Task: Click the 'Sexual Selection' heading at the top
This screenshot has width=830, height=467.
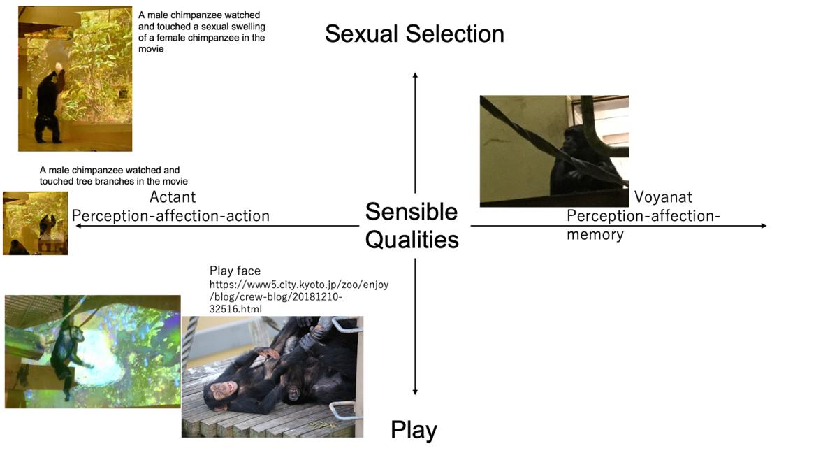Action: coord(414,34)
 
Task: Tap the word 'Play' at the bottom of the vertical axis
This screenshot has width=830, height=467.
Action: coord(414,430)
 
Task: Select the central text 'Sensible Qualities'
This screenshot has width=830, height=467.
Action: coord(412,225)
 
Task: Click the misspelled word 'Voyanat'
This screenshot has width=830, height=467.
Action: coord(663,197)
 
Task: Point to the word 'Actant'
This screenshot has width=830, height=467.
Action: coord(173,197)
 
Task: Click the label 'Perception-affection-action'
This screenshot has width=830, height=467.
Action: coord(170,216)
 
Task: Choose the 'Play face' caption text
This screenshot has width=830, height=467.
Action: coord(235,271)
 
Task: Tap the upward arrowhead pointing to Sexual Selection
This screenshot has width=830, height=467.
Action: coord(415,75)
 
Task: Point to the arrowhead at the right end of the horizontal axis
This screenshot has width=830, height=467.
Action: coord(763,226)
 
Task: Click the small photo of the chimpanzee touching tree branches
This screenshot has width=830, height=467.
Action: coord(35,223)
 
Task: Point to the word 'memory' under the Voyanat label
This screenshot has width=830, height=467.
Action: coord(595,234)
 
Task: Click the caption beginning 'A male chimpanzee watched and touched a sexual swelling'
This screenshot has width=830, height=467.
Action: coord(201,32)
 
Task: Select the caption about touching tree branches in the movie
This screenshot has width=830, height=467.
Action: coord(113,175)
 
